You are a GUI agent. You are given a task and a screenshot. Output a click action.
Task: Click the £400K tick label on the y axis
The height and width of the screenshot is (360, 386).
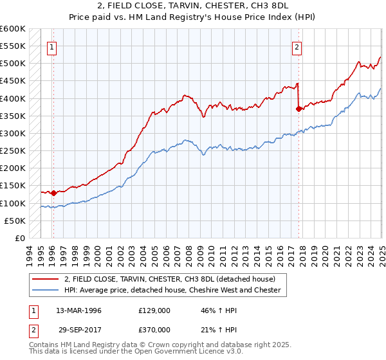pos(13,98)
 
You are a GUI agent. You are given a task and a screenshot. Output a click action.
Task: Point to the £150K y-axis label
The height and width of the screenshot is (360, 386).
pos(13,186)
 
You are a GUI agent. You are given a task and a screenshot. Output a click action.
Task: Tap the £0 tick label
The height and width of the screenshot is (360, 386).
pos(20,239)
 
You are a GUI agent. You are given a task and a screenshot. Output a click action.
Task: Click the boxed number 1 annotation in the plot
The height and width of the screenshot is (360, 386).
pos(51,46)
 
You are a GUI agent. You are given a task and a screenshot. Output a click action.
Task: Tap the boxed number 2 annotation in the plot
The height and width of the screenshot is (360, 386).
pos(297,46)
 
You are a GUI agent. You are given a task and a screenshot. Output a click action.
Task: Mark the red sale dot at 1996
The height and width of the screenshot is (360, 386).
pos(53,193)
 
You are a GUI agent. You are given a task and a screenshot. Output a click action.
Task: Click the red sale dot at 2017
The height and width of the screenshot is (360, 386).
pos(299,109)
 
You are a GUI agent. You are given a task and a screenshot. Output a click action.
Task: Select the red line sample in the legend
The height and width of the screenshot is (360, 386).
pos(46,279)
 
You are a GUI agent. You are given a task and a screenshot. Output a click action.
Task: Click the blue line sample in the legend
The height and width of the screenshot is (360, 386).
pos(46,291)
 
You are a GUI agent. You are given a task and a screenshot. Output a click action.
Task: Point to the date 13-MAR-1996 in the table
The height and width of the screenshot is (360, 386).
pos(79,310)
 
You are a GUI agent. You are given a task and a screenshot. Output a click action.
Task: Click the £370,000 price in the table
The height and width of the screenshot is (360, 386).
pos(154,329)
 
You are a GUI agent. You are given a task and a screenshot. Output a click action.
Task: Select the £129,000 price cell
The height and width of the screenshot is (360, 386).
pos(154,310)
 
